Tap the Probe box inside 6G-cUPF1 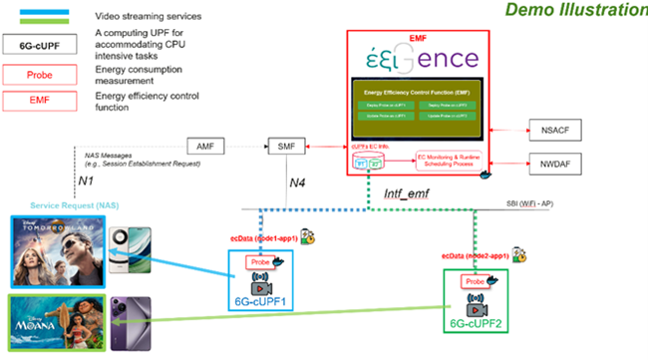(x=259, y=262)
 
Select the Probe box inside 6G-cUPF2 (x=474, y=281)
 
